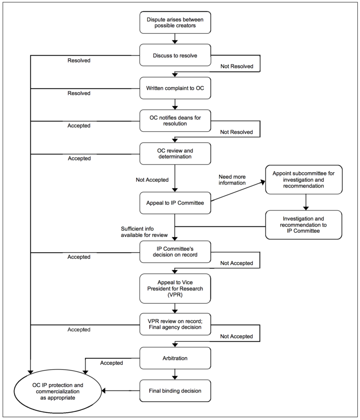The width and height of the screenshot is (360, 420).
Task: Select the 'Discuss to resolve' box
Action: coord(175,56)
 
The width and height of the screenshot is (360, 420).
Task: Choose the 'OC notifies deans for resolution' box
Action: coord(175,120)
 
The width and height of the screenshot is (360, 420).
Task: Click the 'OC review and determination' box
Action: coord(175,154)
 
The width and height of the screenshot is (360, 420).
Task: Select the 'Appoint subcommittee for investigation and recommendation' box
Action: coord(305,180)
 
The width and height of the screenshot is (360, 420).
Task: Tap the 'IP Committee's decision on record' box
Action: coord(175,251)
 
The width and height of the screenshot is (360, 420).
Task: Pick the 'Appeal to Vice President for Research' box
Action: coord(175,288)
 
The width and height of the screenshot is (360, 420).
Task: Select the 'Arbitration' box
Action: coord(175,358)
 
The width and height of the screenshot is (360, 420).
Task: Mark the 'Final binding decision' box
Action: coord(175,390)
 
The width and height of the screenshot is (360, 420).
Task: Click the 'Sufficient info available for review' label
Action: coord(144,231)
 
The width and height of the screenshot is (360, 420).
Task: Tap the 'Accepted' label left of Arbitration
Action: coord(111,363)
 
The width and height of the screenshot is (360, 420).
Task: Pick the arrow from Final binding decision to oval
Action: coord(121,390)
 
